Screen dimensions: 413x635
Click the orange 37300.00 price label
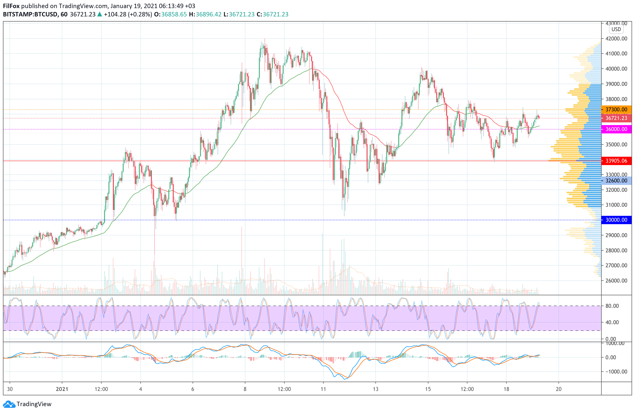pyautogui.click(x=616, y=109)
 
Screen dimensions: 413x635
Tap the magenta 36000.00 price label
pyautogui.click(x=616, y=129)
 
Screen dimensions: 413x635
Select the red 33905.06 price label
pyautogui.click(x=616, y=161)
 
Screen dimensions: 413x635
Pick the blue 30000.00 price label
pyautogui.click(x=616, y=220)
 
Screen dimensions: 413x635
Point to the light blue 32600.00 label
pyautogui.click(x=616, y=181)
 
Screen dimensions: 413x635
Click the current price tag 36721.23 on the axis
pyautogui.click(x=616, y=118)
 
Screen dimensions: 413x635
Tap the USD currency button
pyautogui.click(x=616, y=29)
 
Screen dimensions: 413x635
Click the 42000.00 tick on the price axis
pyautogui.click(x=616, y=39)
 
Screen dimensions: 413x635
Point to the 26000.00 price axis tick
pyautogui.click(x=616, y=281)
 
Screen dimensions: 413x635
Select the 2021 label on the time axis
pyautogui.click(x=62, y=389)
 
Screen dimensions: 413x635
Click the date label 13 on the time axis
pyautogui.click(x=375, y=389)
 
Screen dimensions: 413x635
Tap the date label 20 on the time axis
pyautogui.click(x=558, y=389)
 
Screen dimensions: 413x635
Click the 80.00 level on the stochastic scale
pyautogui.click(x=612, y=306)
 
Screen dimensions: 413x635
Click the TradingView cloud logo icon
pyautogui.click(x=9, y=404)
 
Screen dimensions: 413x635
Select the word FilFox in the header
pyautogui.click(x=11, y=6)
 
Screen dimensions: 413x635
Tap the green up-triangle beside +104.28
pyautogui.click(x=100, y=14)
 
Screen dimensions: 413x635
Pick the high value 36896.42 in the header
pyautogui.click(x=208, y=14)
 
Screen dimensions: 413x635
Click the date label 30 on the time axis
pyautogui.click(x=10, y=389)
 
